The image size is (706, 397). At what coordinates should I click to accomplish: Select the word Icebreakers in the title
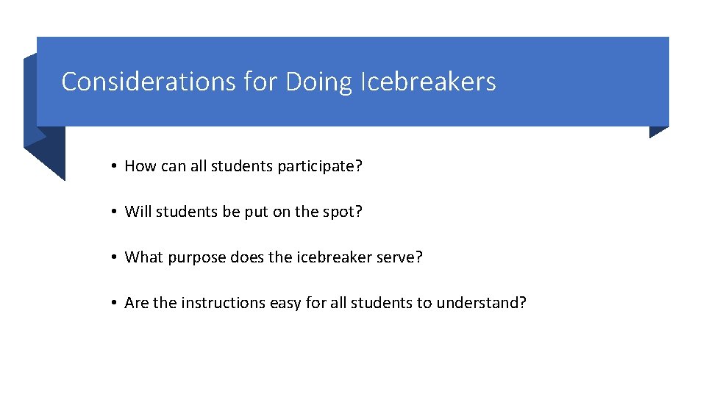(x=428, y=81)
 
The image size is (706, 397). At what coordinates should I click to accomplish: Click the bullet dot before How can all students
(x=115, y=167)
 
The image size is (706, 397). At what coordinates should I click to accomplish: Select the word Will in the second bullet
(x=135, y=212)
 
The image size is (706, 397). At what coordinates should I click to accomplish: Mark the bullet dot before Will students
(x=115, y=212)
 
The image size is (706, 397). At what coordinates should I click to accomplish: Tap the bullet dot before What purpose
(x=115, y=258)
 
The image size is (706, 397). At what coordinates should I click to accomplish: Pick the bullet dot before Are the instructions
(x=115, y=304)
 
